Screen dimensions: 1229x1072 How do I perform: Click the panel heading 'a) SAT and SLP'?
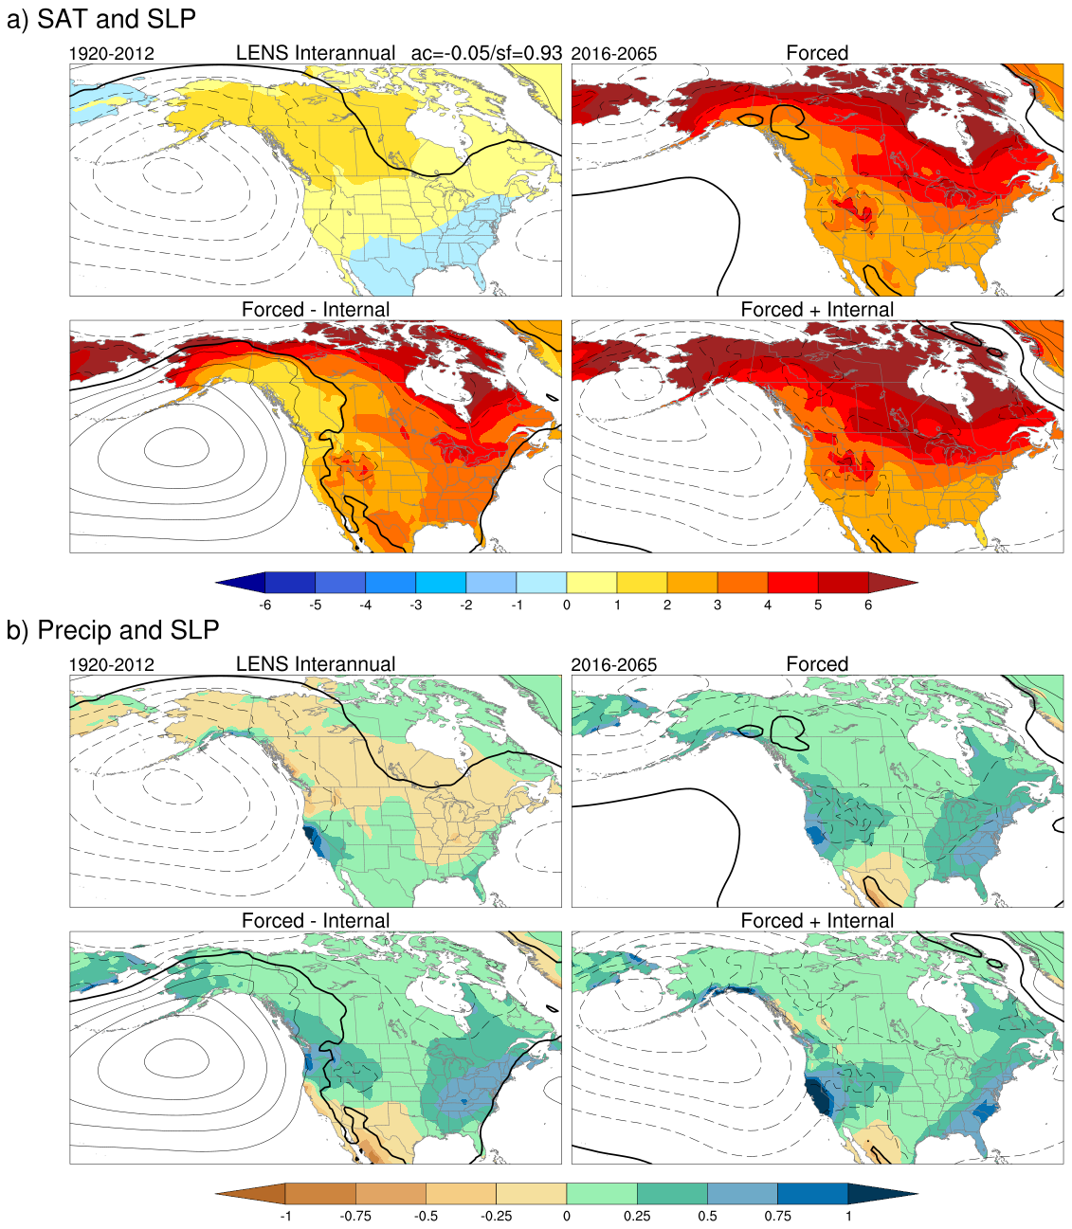(x=101, y=19)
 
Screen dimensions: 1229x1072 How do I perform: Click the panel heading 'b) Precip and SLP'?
(x=113, y=630)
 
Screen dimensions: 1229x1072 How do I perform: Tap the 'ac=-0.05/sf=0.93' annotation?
(x=486, y=53)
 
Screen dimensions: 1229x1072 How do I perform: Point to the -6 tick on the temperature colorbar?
(x=265, y=605)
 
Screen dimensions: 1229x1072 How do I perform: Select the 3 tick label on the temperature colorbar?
(x=718, y=605)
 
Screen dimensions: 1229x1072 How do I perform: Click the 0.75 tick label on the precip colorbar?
(x=777, y=1216)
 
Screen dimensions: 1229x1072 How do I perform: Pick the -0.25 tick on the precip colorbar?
(x=496, y=1216)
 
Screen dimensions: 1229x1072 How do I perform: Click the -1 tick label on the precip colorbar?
(x=285, y=1216)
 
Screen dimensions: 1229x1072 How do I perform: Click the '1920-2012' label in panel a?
(x=111, y=54)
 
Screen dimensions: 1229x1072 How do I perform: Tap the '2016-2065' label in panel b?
(x=613, y=665)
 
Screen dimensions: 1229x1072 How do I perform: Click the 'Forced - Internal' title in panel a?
(x=316, y=310)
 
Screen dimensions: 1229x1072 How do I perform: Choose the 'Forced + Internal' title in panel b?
(x=817, y=921)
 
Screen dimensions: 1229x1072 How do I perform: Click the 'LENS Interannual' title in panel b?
(x=316, y=664)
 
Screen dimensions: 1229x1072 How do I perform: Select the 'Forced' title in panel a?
(x=817, y=53)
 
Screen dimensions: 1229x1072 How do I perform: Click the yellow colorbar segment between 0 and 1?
(x=591, y=583)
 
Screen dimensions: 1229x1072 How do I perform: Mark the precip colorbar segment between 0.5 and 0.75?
(x=742, y=1194)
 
